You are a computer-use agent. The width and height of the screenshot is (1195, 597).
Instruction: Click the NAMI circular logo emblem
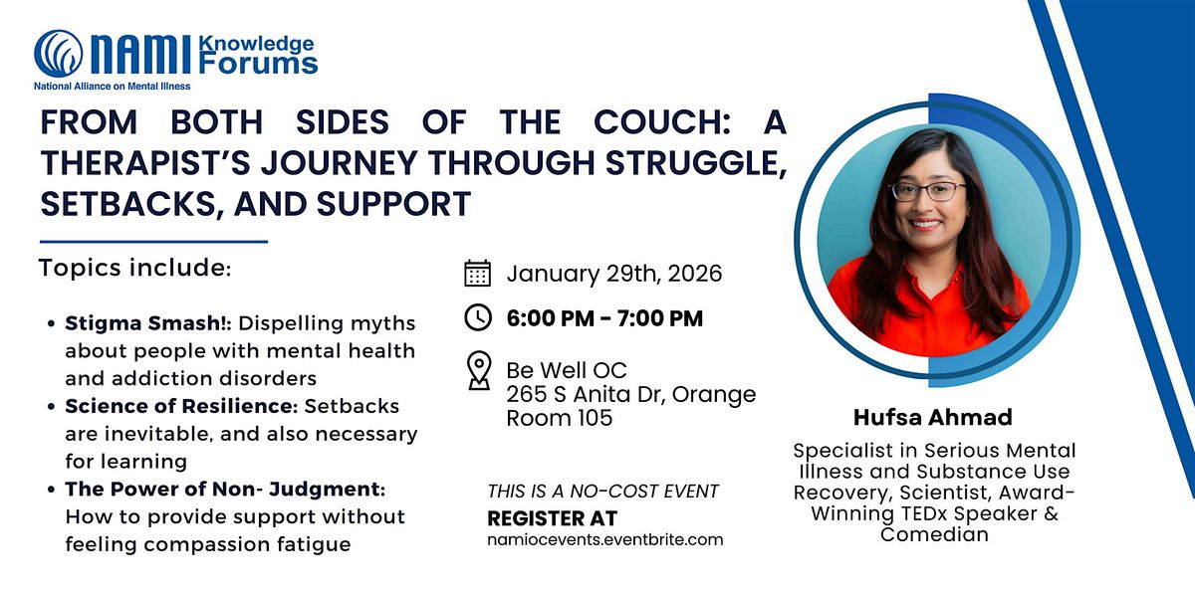click(x=59, y=54)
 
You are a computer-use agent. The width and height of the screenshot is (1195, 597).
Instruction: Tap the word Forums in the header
click(x=258, y=64)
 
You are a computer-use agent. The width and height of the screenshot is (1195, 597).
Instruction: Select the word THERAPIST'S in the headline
click(x=145, y=162)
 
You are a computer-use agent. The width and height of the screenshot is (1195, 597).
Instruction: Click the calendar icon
click(x=477, y=273)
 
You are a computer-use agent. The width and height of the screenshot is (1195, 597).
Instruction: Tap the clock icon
click(x=478, y=317)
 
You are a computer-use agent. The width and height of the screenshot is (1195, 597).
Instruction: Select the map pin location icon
click(x=479, y=370)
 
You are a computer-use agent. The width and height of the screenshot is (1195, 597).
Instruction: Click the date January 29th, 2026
click(x=614, y=274)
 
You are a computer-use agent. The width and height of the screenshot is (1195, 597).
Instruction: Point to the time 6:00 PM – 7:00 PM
click(x=605, y=318)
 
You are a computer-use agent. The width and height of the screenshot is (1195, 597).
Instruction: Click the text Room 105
click(x=559, y=418)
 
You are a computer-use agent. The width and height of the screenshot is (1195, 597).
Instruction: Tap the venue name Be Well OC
click(x=567, y=370)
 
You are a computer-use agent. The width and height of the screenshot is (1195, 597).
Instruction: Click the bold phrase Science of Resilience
click(x=181, y=406)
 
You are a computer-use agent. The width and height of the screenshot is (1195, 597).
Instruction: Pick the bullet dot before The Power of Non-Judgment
click(x=51, y=490)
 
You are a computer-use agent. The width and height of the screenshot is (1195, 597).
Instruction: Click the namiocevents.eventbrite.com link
click(x=605, y=539)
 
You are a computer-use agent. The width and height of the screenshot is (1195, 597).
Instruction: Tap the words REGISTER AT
click(x=552, y=518)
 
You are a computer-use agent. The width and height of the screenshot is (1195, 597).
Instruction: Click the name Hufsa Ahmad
click(x=933, y=417)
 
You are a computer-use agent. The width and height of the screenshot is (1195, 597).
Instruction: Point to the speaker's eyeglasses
click(x=928, y=191)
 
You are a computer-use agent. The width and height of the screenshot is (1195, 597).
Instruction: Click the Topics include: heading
click(x=135, y=268)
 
